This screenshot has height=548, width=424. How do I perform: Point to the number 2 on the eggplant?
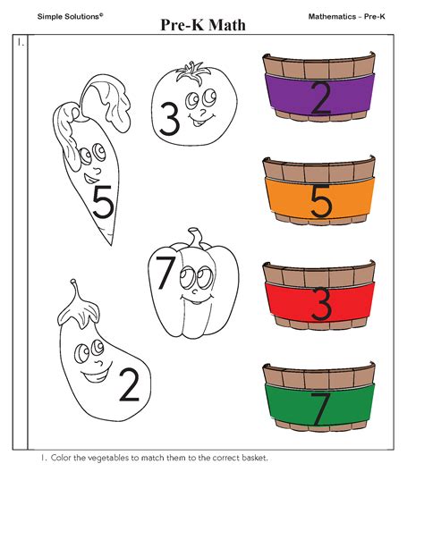129,384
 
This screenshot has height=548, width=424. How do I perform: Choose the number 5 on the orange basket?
320,201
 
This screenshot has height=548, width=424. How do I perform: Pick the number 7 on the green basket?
320,408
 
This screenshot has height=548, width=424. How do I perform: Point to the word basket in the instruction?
252,459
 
